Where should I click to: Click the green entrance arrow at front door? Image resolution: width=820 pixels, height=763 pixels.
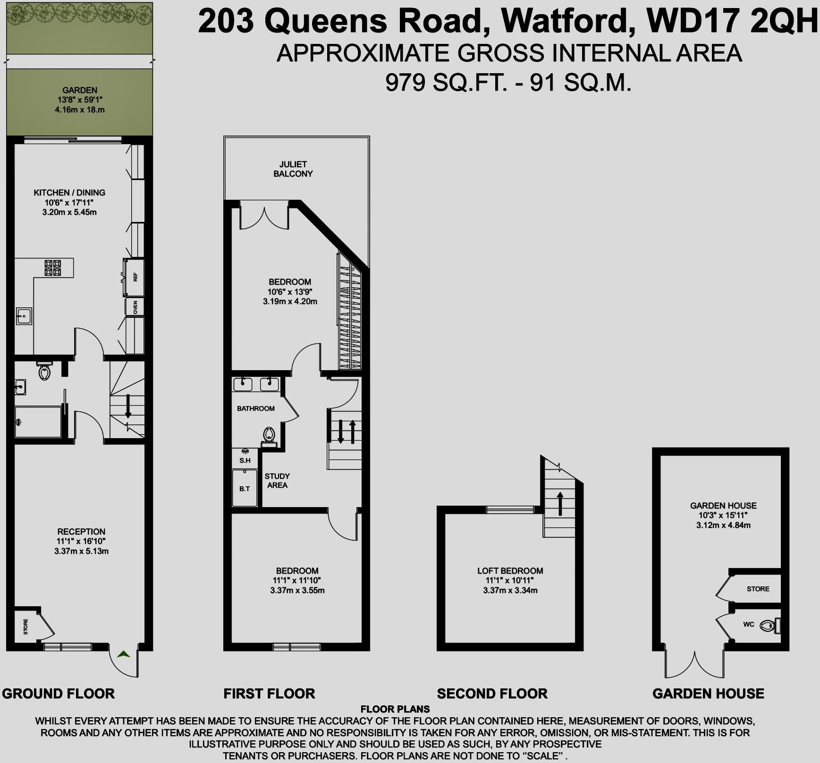pyautogui.click(x=124, y=654)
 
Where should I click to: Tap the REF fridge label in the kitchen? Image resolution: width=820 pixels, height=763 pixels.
pyautogui.click(x=135, y=277)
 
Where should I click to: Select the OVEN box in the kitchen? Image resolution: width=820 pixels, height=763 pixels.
pyautogui.click(x=135, y=307)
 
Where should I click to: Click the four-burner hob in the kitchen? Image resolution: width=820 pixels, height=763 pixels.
pyautogui.click(x=52, y=268)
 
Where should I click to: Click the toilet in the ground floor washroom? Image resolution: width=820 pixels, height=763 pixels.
pyautogui.click(x=44, y=372)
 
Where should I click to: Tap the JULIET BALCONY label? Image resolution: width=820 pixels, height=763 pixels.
pyautogui.click(x=293, y=169)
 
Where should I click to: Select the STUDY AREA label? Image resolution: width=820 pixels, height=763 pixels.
pyautogui.click(x=277, y=481)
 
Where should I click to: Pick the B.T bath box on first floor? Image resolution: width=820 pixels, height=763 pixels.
pyautogui.click(x=245, y=488)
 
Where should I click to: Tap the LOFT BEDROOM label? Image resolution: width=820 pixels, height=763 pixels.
pyautogui.click(x=510, y=571)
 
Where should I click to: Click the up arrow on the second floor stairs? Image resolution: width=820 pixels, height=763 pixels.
pyautogui.click(x=560, y=503)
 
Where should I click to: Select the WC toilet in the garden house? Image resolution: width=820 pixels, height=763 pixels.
pyautogui.click(x=768, y=626)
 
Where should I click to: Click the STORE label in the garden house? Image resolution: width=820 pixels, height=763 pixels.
pyautogui.click(x=758, y=589)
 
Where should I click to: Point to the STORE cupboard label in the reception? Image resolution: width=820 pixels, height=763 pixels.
pyautogui.click(x=25, y=626)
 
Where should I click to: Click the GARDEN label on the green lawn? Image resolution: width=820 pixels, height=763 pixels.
pyautogui.click(x=80, y=90)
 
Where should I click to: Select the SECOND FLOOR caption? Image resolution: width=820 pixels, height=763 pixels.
pyautogui.click(x=492, y=694)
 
